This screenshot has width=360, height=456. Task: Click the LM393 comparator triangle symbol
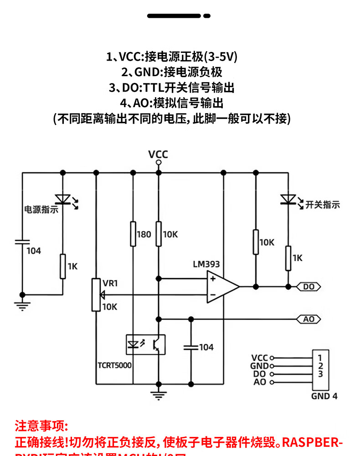click(221, 286)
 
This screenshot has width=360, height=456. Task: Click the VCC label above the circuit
click(158, 154)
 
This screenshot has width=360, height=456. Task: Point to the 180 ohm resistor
click(133, 234)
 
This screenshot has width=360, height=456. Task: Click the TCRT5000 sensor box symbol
click(145, 345)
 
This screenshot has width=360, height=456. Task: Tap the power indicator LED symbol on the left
click(62, 199)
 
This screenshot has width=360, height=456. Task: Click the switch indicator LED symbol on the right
click(288, 199)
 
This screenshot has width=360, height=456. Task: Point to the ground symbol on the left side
click(22, 305)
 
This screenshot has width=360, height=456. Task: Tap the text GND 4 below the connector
click(324, 396)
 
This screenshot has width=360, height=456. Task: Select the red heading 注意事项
click(41, 427)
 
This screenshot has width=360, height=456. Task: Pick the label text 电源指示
click(41, 210)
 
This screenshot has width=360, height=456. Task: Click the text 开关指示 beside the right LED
click(323, 205)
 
